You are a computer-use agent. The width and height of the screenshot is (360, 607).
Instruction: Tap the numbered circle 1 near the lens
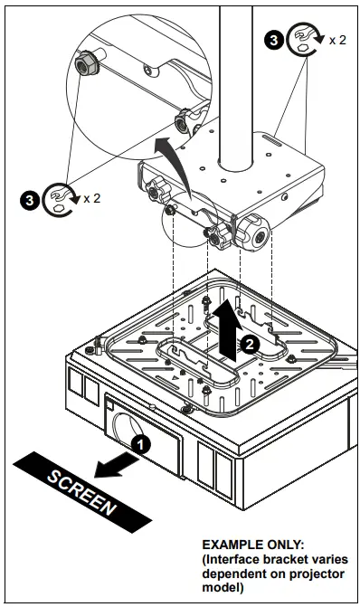click(x=140, y=444)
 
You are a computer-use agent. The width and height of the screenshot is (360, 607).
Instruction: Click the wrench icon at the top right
click(x=304, y=41)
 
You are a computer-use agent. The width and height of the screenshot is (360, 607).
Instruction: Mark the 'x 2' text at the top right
click(x=336, y=41)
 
